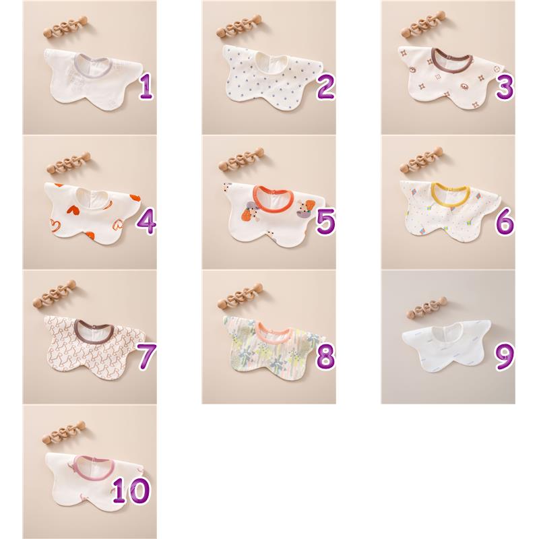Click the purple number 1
pos(146,87)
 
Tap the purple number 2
pos(325,87)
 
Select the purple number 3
pos(505,87)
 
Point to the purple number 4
pos(147,222)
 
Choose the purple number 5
pos(325,222)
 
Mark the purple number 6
pos(505,222)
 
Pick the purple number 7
pos(147,356)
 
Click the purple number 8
pos(325,356)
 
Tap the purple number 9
pos(505,356)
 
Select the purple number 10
pos(131,490)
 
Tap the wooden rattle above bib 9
pos(426,307)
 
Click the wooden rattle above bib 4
pos(69,162)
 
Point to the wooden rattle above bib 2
pos(241,26)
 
